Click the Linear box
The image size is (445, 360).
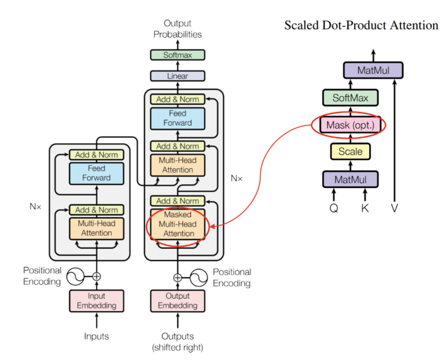(x=177, y=76)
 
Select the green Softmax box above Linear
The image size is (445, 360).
(x=177, y=55)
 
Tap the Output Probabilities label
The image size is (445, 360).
(x=177, y=29)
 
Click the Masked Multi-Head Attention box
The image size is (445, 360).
(x=177, y=224)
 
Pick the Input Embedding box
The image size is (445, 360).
(x=97, y=301)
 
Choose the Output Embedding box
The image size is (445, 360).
(x=177, y=301)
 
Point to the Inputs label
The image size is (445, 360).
(x=97, y=336)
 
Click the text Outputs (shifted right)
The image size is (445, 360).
(x=177, y=342)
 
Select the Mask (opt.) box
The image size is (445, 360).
(x=350, y=126)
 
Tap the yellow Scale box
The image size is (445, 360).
(x=350, y=152)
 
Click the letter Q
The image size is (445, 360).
(x=334, y=208)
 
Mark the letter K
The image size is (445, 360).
(x=365, y=208)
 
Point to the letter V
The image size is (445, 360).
(x=394, y=208)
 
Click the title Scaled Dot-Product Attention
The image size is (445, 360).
(x=361, y=25)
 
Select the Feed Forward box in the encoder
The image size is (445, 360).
(x=97, y=173)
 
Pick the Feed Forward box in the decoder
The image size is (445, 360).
(x=177, y=118)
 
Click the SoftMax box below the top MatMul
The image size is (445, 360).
(x=350, y=98)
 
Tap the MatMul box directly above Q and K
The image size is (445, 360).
(x=350, y=179)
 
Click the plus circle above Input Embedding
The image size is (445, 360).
(x=97, y=277)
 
